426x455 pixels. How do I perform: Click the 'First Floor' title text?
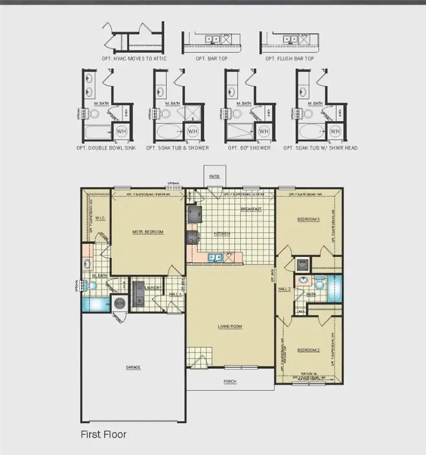pyautogui.click(x=104, y=434)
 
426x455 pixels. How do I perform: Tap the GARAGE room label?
pyautogui.click(x=133, y=368)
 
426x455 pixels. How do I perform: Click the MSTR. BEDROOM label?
pyautogui.click(x=148, y=232)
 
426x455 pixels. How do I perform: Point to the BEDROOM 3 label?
pyautogui.click(x=308, y=220)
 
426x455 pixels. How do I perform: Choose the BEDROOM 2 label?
pyautogui.click(x=308, y=350)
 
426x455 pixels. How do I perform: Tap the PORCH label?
pyautogui.click(x=230, y=382)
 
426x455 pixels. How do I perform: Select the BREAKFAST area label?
pyautogui.click(x=251, y=209)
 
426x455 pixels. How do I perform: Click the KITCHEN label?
pyautogui.click(x=222, y=234)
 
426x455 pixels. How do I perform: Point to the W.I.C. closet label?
pyautogui.click(x=100, y=217)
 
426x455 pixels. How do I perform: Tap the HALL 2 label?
pyautogui.click(x=285, y=289)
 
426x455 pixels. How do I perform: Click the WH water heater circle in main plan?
pyautogui.click(x=120, y=303)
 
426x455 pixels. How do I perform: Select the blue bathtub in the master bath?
pyautogui.click(x=95, y=305)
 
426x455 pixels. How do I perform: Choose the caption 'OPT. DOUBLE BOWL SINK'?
pyautogui.click(x=106, y=148)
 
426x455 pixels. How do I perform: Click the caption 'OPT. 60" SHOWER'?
pyautogui.click(x=249, y=148)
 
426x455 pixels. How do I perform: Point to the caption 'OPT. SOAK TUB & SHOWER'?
pyautogui.click(x=177, y=148)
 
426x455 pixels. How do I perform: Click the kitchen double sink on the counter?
pyautogui.click(x=214, y=257)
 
